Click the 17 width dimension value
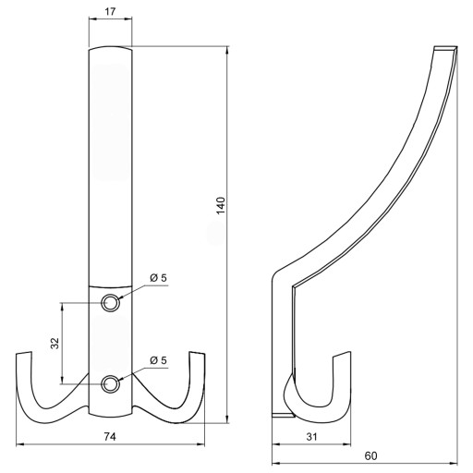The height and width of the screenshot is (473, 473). (110, 12)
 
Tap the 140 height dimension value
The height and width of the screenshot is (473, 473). (221, 205)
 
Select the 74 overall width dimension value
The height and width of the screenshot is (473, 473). (110, 437)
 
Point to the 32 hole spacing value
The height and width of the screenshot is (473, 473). (55, 344)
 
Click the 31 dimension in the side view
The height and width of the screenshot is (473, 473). (311, 437)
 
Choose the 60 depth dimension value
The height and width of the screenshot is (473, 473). (370, 455)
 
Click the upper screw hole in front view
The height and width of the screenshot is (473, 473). (110, 303)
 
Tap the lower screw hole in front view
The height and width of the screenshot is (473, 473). (110, 384)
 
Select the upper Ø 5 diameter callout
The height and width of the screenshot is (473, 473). (158, 278)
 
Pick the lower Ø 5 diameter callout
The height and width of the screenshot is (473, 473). (158, 360)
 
